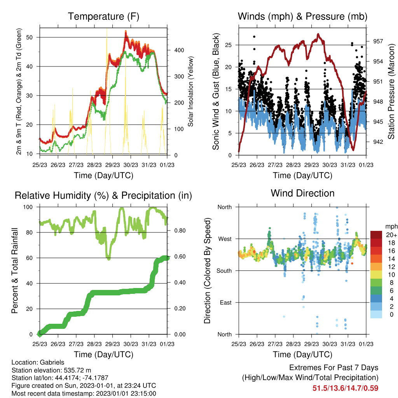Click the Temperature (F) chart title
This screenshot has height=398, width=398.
point(103,16)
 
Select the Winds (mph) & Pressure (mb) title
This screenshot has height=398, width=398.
point(302,16)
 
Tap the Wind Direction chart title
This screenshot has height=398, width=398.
point(302,193)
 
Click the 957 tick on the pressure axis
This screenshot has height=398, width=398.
point(378,41)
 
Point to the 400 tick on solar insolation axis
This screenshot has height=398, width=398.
point(179,50)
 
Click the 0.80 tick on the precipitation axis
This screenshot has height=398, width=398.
point(180,230)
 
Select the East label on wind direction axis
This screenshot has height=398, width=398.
point(226,302)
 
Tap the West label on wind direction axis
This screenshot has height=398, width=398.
point(225,239)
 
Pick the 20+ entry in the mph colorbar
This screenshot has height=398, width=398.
point(391,235)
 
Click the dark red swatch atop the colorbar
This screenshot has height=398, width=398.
point(376,235)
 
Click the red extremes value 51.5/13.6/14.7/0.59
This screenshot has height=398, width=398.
point(345,388)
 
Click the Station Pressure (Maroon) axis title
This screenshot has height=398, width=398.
point(391,91)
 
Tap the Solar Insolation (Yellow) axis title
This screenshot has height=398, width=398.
point(190,91)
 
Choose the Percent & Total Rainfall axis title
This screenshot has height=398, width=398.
point(15,271)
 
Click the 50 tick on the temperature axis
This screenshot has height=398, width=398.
point(30,37)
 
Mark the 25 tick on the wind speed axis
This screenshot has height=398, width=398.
point(229,45)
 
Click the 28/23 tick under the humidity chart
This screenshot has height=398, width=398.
point(94,344)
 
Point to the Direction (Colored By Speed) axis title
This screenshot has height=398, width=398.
point(208,271)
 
